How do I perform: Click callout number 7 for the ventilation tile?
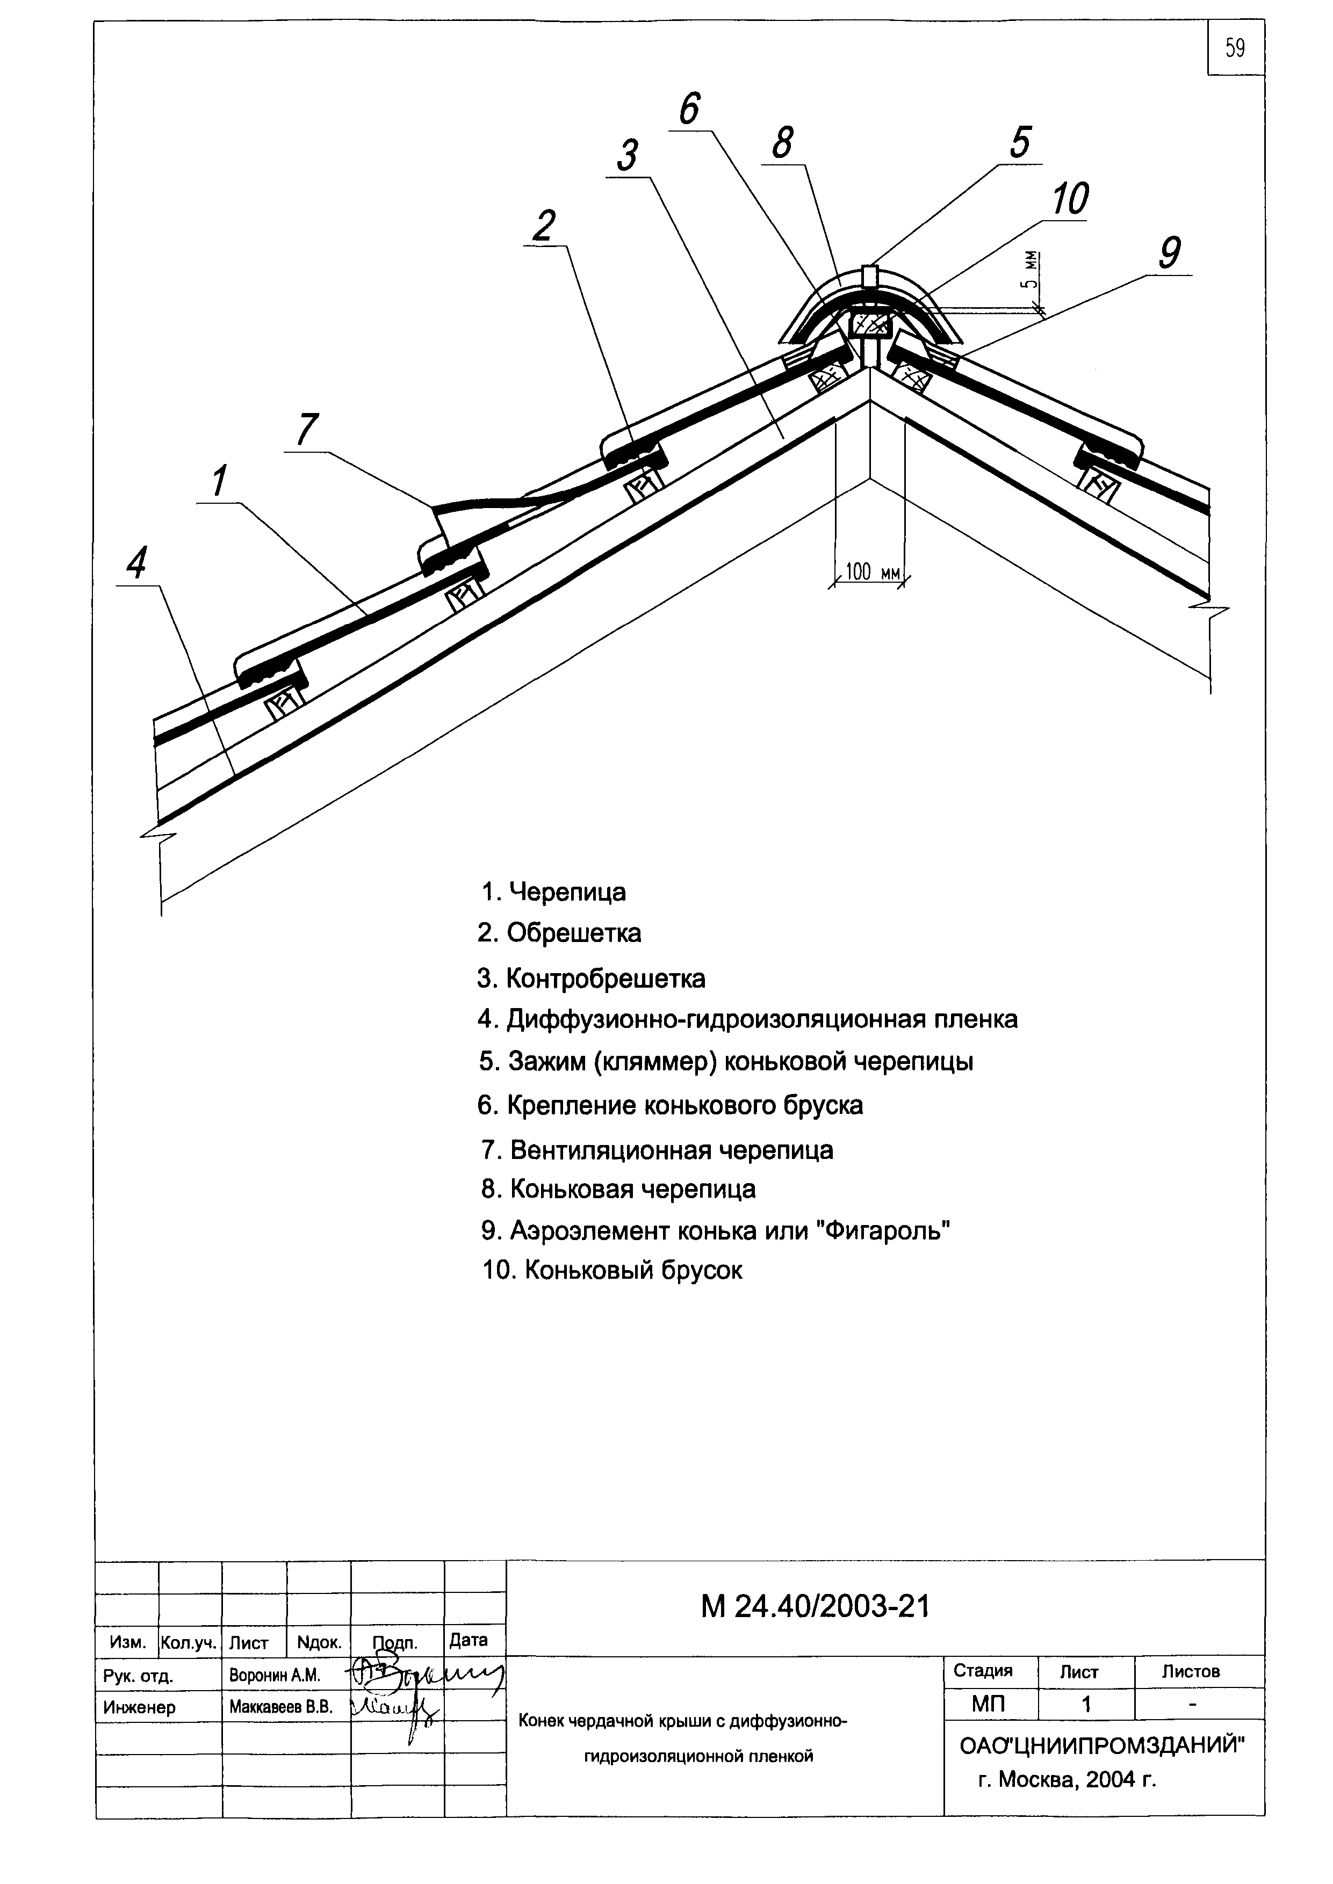(x=306, y=430)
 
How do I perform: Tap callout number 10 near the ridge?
(x=1070, y=199)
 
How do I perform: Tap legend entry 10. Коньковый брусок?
(x=613, y=1270)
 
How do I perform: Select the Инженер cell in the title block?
(x=140, y=1708)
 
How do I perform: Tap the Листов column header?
(x=1190, y=1671)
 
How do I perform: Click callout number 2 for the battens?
(x=543, y=227)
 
